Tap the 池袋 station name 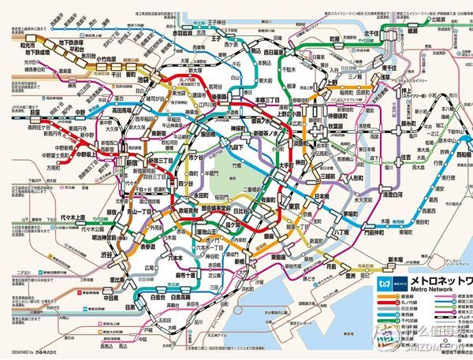point(143,81)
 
